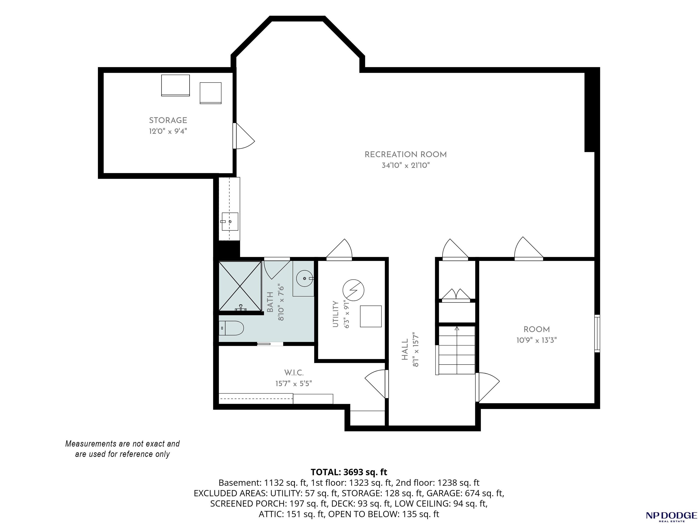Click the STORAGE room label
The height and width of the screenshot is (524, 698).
[x=168, y=120]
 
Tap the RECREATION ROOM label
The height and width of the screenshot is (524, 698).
[x=405, y=155]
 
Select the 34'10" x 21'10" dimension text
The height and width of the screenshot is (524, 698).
[x=405, y=165]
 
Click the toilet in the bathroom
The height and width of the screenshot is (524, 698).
[x=231, y=328]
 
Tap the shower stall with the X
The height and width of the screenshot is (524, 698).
[x=240, y=286]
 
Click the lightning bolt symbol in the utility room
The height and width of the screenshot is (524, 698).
[x=353, y=290]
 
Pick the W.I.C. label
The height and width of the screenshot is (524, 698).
[x=294, y=373]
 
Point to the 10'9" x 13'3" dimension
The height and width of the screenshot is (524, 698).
[x=536, y=340]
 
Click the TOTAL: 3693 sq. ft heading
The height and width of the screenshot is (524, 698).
[x=349, y=472]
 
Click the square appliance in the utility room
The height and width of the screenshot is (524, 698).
[x=371, y=316]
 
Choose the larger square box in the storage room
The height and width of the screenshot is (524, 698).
[x=175, y=85]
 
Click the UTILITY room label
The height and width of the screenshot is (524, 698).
[x=335, y=314]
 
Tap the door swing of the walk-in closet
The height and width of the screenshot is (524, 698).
[x=375, y=384]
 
